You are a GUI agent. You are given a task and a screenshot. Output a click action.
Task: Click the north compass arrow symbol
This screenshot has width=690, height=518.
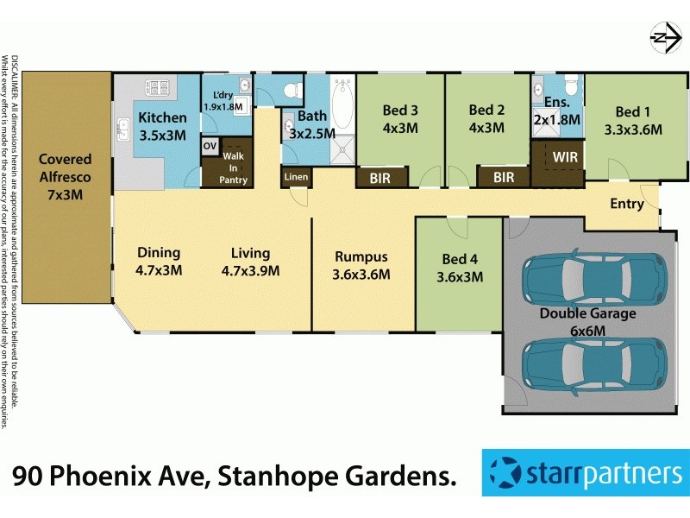point(662,37)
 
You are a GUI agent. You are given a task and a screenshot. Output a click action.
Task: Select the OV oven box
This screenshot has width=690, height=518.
point(210,147)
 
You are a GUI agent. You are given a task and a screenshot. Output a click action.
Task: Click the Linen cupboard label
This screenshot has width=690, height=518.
point(295,177)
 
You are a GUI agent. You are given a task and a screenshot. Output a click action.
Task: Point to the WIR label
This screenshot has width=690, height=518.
point(566,158)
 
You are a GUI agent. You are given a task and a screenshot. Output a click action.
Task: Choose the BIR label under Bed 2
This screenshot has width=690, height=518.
point(503,178)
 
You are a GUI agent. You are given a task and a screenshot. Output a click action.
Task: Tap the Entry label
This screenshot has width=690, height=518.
point(626,204)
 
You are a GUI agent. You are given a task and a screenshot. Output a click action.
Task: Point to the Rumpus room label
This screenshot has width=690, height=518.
point(361,265)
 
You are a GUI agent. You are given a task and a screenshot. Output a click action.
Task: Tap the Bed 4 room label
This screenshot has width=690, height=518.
point(460,268)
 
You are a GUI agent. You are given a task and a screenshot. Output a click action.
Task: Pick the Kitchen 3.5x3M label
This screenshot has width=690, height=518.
point(163,126)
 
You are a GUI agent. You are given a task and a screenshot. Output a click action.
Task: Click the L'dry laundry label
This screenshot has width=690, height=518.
point(223,100)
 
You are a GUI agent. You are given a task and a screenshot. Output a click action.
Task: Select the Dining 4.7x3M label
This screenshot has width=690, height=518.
point(160,261)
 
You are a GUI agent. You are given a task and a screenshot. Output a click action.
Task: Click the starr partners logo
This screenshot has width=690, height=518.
point(585,473)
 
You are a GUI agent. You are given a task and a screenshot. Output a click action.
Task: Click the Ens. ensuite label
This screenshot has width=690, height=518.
point(556,111)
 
